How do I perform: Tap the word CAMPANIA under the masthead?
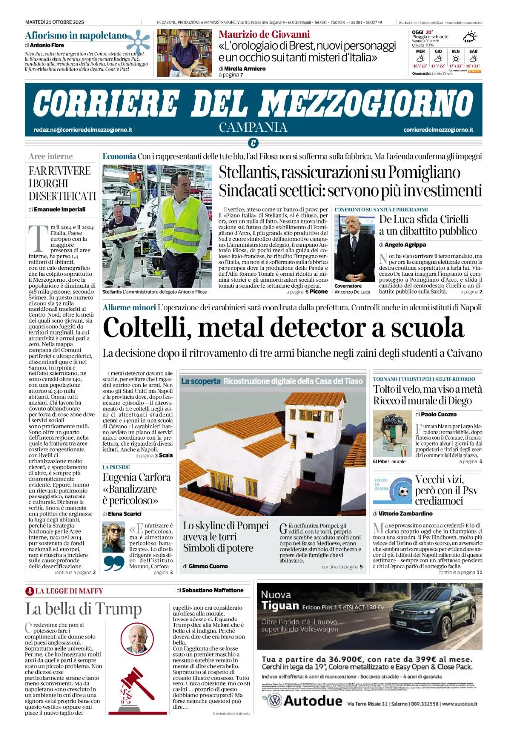[x=253, y=127]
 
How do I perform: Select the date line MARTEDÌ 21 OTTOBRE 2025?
[x=55, y=22]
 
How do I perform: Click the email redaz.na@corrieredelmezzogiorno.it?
[x=83, y=130]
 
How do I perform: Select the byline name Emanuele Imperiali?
[x=59, y=209]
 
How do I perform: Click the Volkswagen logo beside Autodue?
[x=274, y=700]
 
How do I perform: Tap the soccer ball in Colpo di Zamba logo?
[x=403, y=492]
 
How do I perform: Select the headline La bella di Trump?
[x=83, y=609]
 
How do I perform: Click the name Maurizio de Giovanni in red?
[x=264, y=34]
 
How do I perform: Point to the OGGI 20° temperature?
[x=423, y=32]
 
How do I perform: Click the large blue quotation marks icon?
[x=114, y=563]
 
